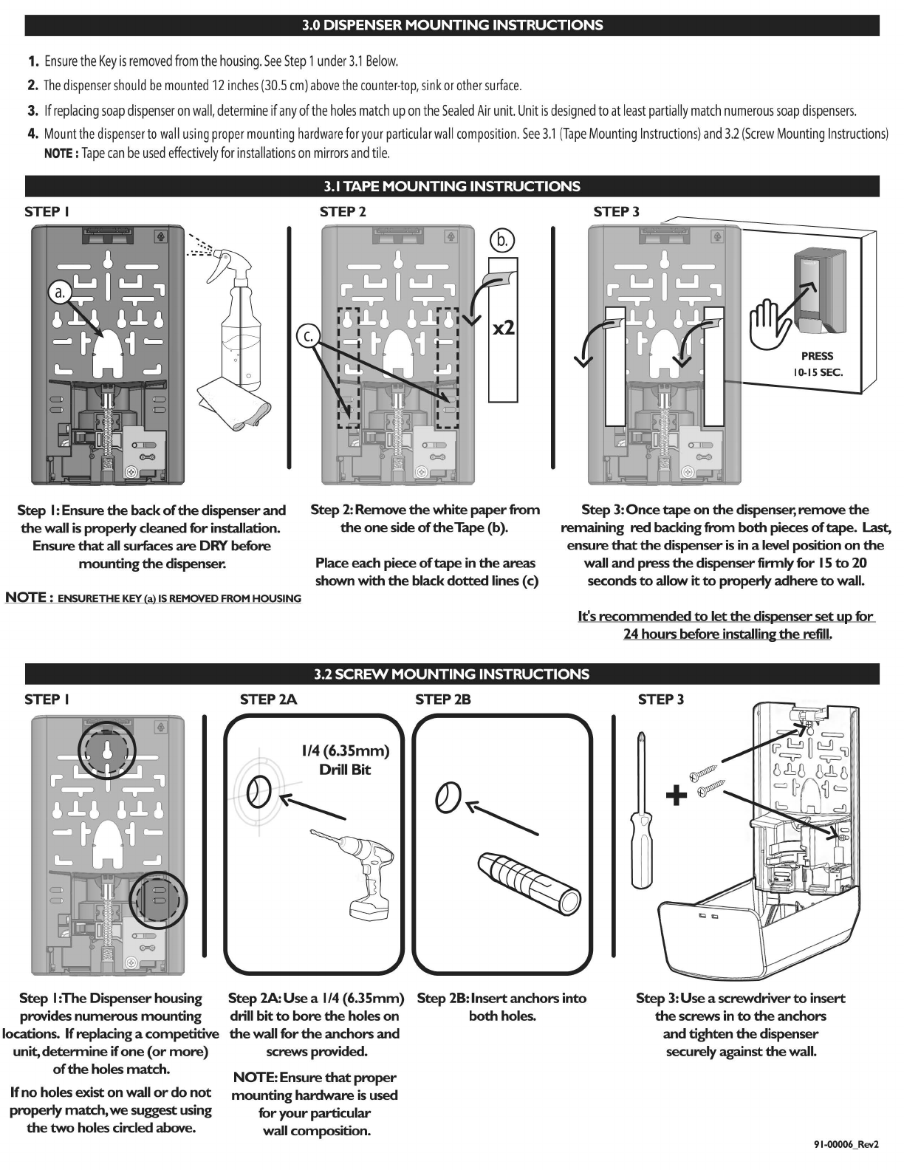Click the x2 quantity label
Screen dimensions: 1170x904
click(504, 327)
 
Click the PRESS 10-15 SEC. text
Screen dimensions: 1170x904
click(817, 364)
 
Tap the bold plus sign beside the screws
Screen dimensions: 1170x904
click(677, 795)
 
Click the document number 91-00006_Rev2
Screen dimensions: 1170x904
click(846, 1144)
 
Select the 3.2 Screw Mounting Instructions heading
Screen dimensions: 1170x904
click(451, 674)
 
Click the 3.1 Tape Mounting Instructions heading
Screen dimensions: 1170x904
click(451, 186)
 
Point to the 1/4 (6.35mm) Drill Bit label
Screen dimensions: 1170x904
click(344, 760)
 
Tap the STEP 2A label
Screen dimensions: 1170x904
click(268, 699)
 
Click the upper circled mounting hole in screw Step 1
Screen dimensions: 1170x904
click(107, 750)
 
